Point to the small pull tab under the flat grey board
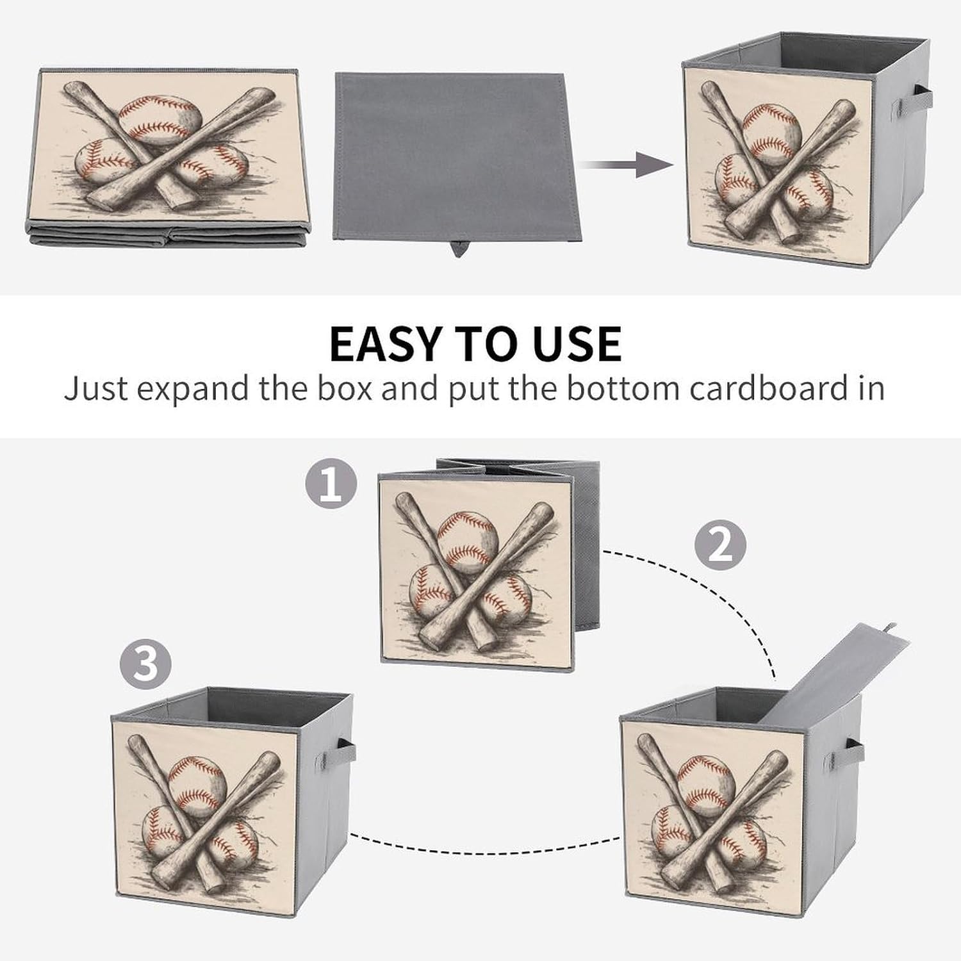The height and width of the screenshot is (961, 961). (459, 247)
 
